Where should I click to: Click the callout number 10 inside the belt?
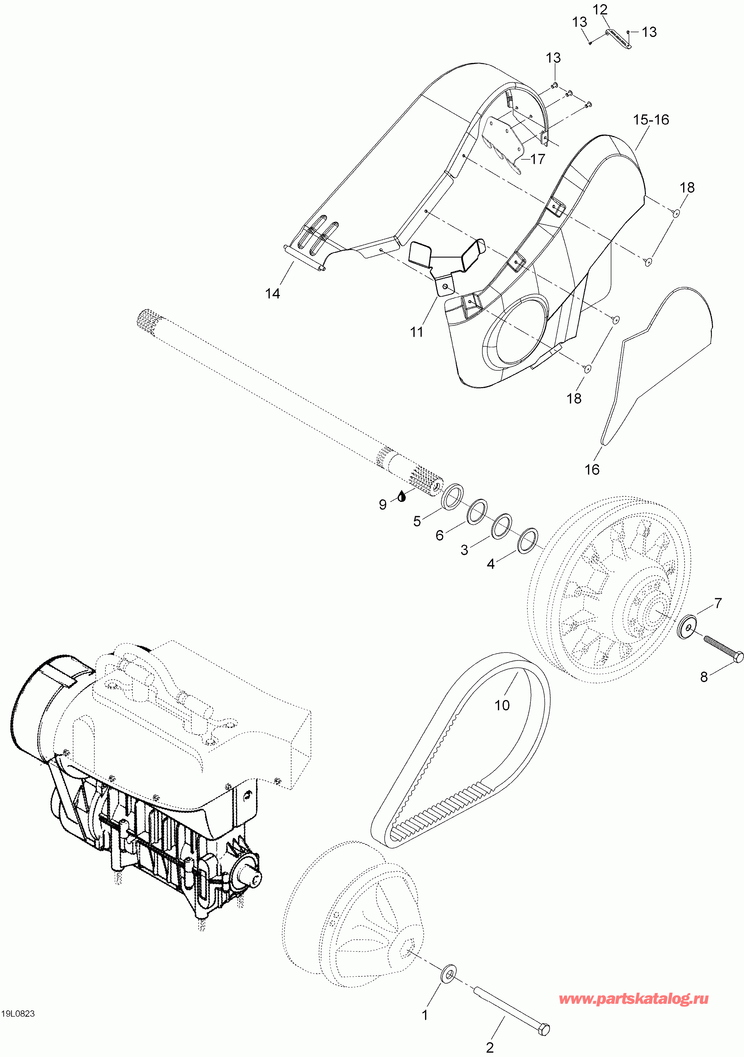(502, 705)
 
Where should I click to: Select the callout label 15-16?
(650, 120)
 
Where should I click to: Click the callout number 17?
(538, 159)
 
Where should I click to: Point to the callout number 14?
(273, 293)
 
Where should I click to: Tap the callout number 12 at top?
(600, 10)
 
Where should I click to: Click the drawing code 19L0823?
(18, 1023)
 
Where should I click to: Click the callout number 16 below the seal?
(592, 470)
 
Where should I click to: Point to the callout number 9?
(383, 505)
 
